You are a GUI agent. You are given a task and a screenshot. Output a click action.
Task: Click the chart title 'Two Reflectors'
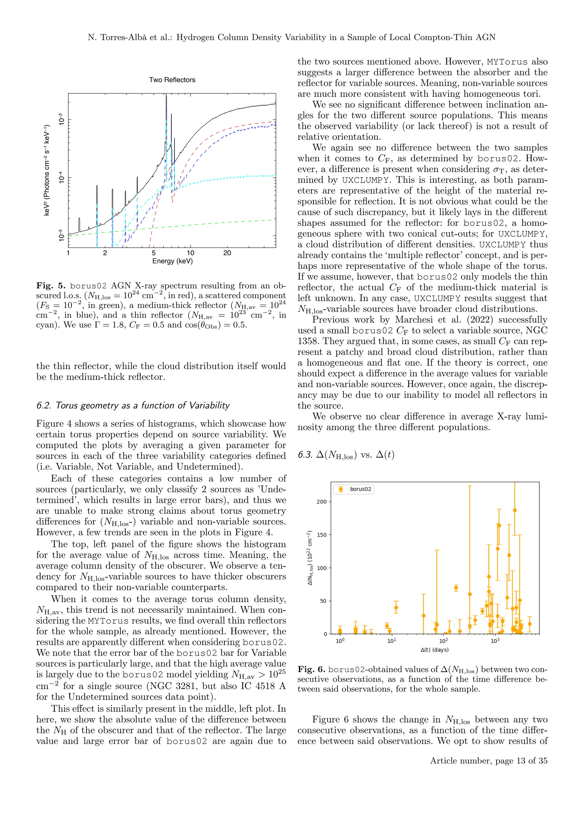coord(172,80)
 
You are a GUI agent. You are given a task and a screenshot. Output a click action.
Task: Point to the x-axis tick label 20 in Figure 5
coord(227,253)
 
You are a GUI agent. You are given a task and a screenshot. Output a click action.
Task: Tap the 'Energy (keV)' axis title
coord(172,261)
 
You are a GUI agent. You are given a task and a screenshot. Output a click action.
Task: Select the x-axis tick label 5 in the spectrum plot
coord(153,253)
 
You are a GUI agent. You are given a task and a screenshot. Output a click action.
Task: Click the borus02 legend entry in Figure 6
coord(360,489)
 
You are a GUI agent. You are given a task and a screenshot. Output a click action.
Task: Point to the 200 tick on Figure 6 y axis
coord(321,501)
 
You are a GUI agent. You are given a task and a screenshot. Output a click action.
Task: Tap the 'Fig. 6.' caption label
coord(311,669)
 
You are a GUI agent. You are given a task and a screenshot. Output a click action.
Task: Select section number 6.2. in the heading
coord(44,406)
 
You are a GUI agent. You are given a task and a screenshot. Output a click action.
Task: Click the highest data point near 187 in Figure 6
coord(515,510)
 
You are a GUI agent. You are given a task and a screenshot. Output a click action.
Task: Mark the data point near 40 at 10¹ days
coord(396,608)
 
